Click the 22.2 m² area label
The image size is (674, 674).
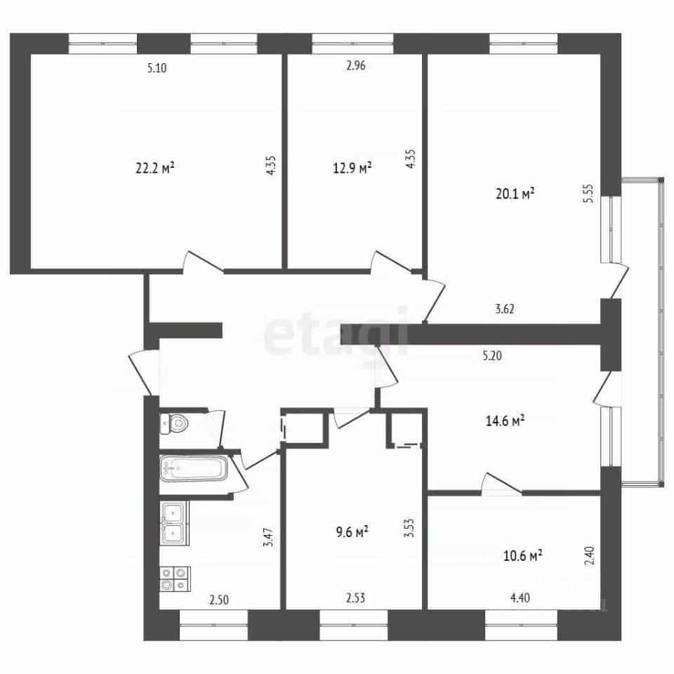[154, 168]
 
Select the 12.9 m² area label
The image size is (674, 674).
[352, 167]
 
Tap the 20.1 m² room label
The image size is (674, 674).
[515, 194]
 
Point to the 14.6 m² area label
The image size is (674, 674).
[505, 420]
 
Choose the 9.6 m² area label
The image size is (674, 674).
[352, 531]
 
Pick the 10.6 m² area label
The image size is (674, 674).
[522, 555]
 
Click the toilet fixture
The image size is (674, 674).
[175, 424]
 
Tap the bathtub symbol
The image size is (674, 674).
[194, 468]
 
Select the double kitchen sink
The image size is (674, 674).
[174, 523]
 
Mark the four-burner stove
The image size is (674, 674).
[176, 579]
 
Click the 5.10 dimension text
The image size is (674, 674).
[157, 67]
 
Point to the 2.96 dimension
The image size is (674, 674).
[356, 65]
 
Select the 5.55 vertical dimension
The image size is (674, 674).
[588, 194]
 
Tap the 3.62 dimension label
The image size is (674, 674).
[505, 309]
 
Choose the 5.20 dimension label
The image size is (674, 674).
[492, 355]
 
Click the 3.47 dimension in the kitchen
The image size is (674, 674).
[269, 537]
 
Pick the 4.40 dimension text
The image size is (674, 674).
[520, 597]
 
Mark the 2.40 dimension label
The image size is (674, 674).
[590, 555]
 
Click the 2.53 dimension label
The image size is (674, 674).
[355, 597]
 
